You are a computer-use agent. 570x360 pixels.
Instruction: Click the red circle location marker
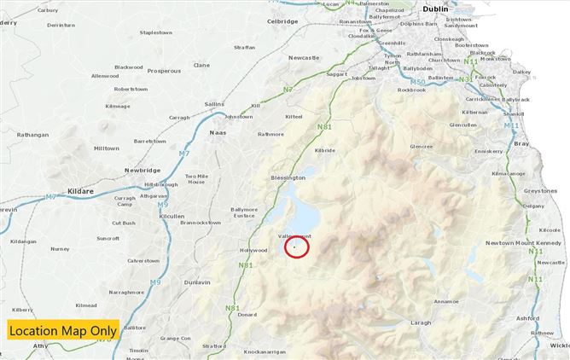295,247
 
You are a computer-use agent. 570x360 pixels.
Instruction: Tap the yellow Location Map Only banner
63,330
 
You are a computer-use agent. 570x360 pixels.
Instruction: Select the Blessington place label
288,177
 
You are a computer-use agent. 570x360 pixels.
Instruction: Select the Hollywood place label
253,250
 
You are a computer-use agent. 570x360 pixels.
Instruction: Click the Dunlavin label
197,281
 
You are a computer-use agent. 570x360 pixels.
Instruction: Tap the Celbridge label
282,20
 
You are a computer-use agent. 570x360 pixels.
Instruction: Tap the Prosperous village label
164,71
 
